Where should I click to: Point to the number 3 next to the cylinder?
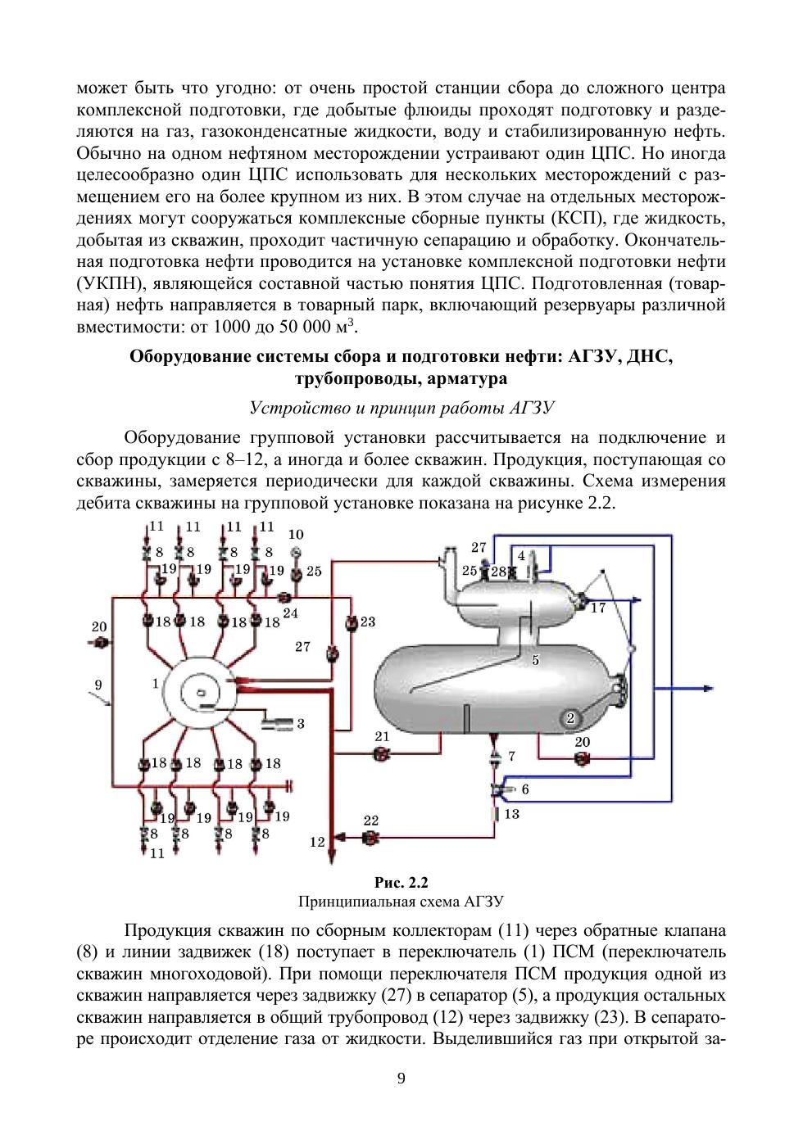[x=301, y=724]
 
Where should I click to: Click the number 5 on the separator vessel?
[x=535, y=659]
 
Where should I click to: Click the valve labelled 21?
[x=382, y=756]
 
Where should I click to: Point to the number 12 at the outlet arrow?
[x=317, y=841]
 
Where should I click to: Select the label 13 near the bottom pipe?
[x=512, y=814]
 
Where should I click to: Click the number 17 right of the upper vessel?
[x=598, y=608]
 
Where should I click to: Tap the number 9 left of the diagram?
[x=98, y=684]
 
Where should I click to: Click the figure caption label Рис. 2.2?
[x=401, y=883]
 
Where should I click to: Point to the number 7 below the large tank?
[x=512, y=756]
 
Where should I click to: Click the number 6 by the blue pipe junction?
[x=525, y=789]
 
